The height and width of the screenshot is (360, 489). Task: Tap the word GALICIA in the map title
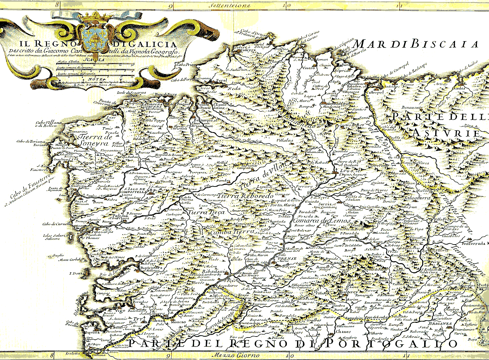coord(152,44)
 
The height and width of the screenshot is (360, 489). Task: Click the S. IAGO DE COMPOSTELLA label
coord(135,190)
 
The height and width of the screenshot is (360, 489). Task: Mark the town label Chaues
coord(343,331)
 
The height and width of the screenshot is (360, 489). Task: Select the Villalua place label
coord(285,140)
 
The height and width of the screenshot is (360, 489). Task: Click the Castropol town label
coord(375,92)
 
